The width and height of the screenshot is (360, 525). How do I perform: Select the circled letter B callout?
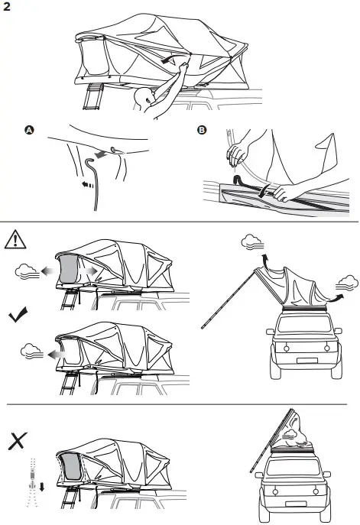coord(202,131)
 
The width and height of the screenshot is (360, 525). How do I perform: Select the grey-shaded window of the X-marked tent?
coord(70,474)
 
